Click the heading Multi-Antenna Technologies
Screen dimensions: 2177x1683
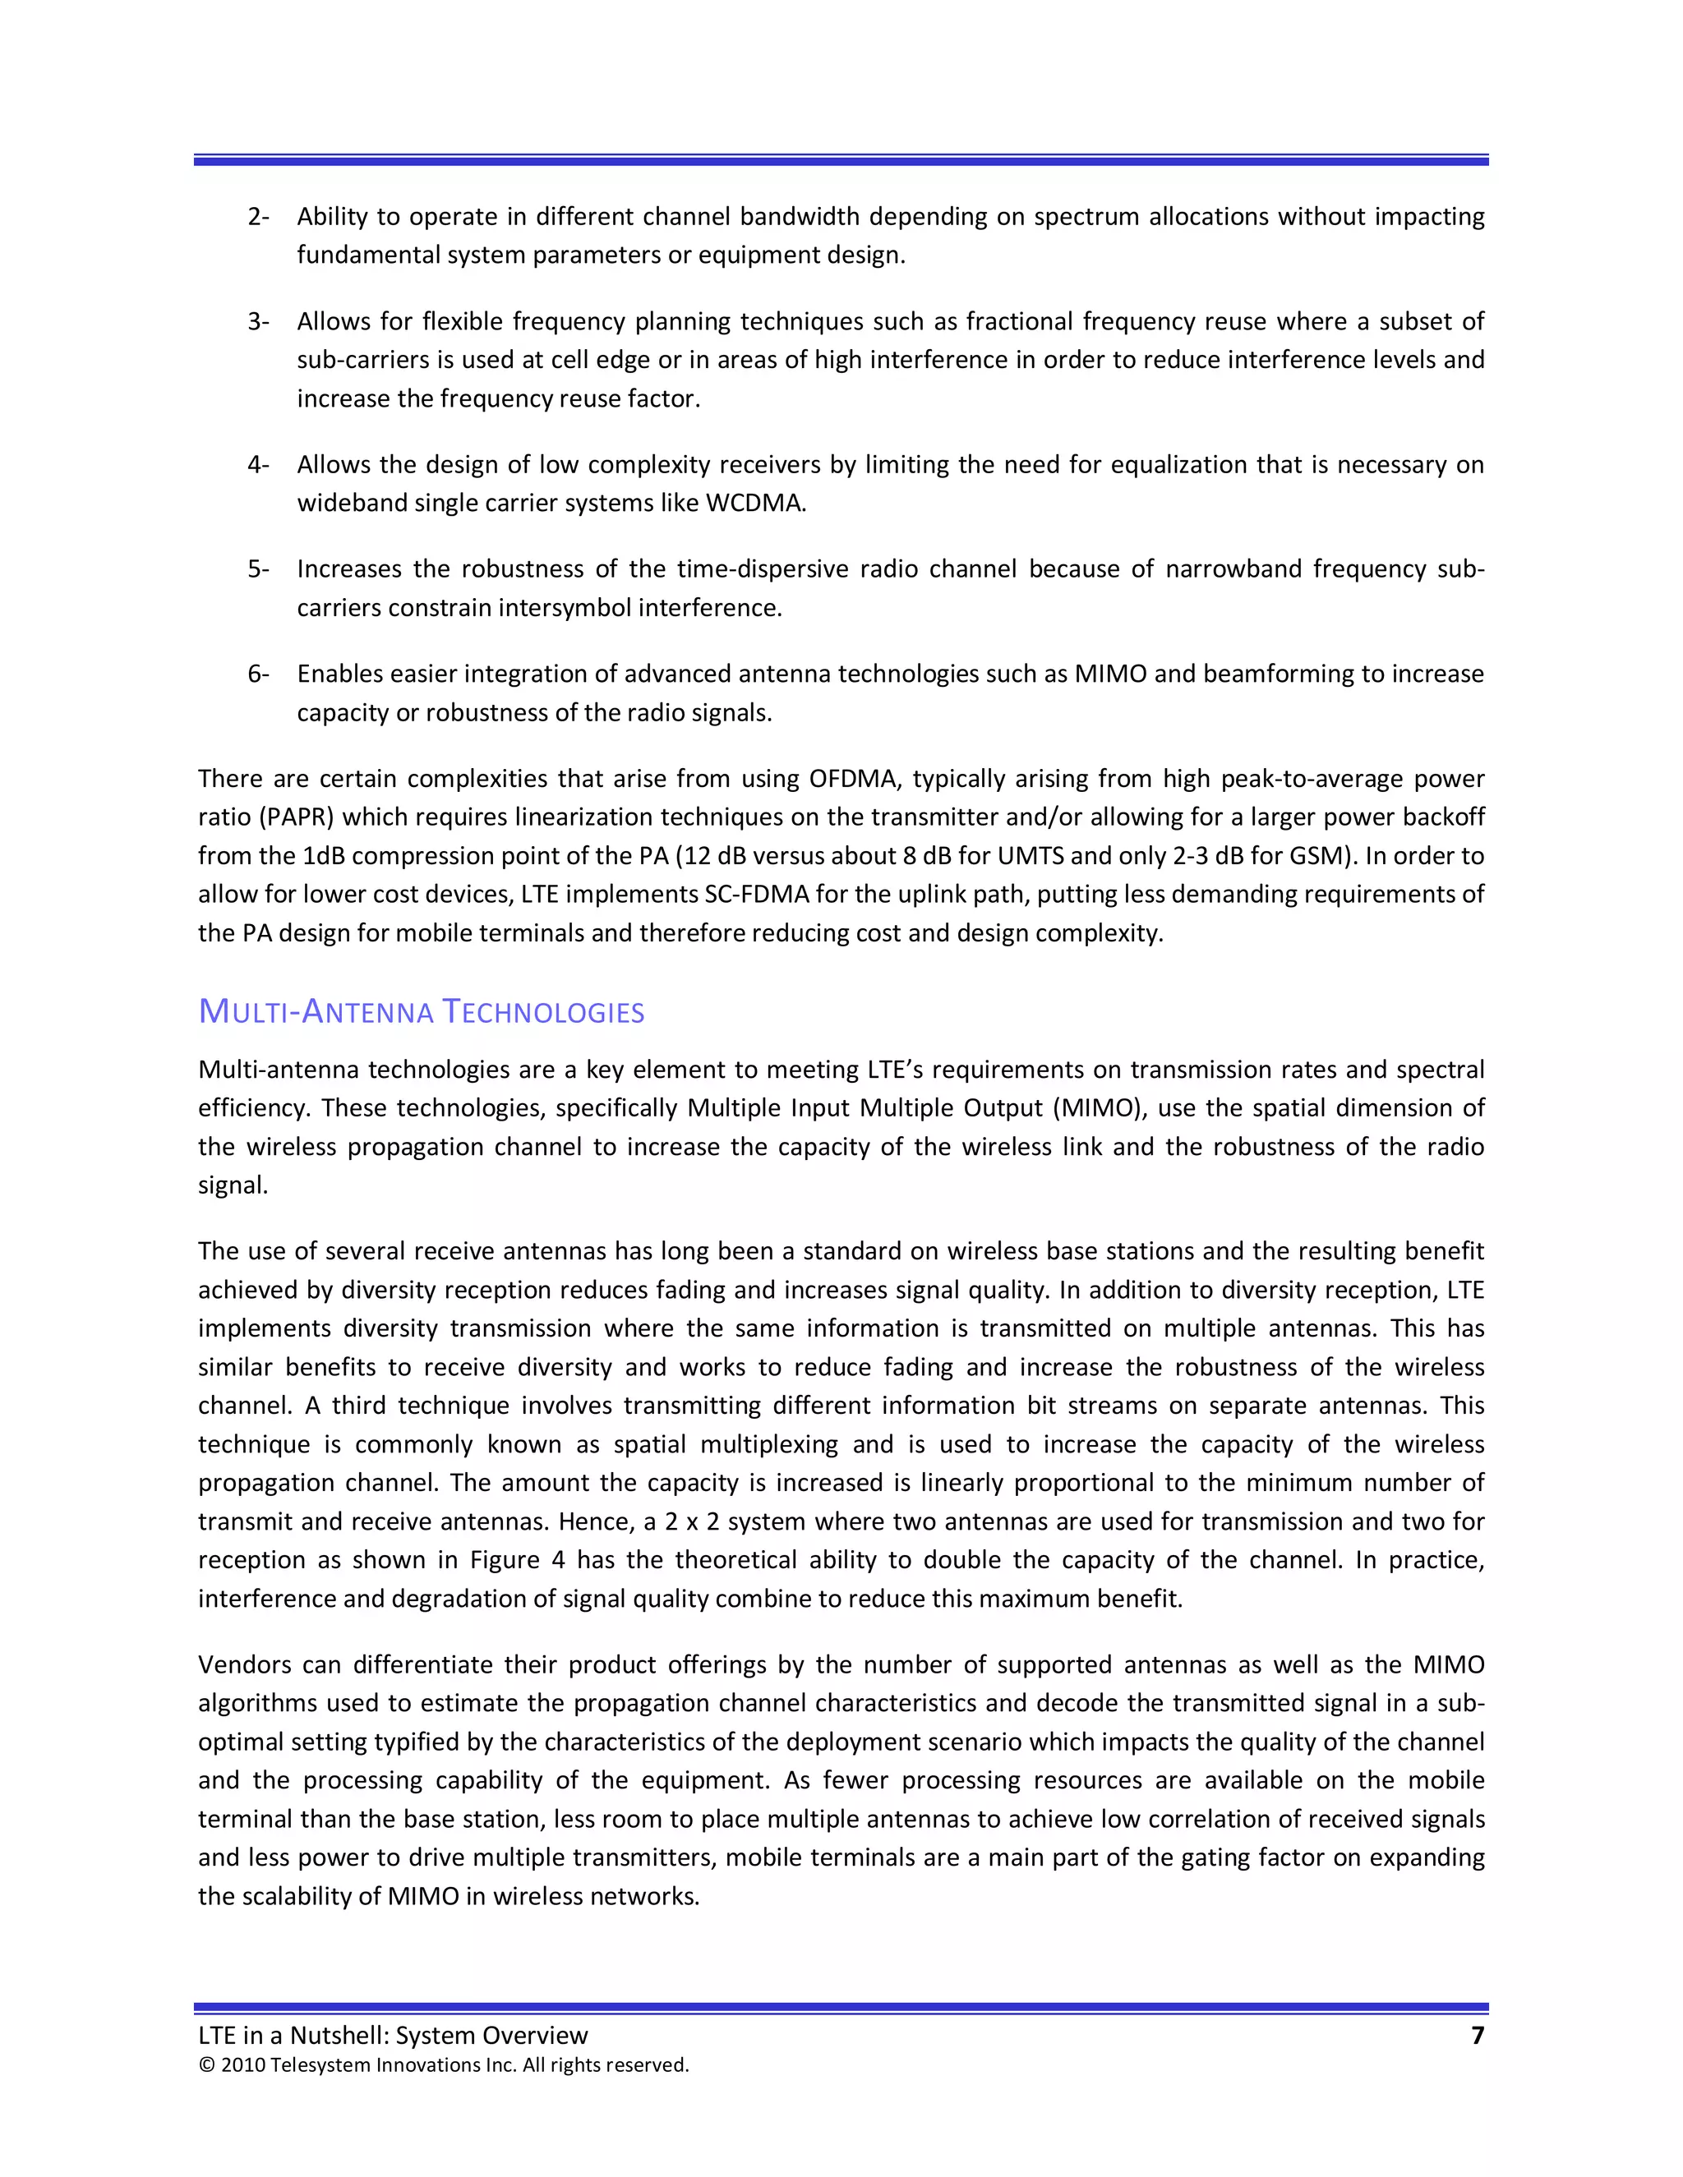421,1012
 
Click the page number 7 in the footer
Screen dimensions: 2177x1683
1477,2036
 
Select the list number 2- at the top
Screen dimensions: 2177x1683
258,216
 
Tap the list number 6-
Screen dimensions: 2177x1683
258,674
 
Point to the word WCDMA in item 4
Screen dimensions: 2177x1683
754,504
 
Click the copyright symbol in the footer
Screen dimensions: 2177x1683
206,2065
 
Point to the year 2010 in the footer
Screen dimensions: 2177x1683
242,2065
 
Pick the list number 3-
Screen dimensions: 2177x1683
258,321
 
